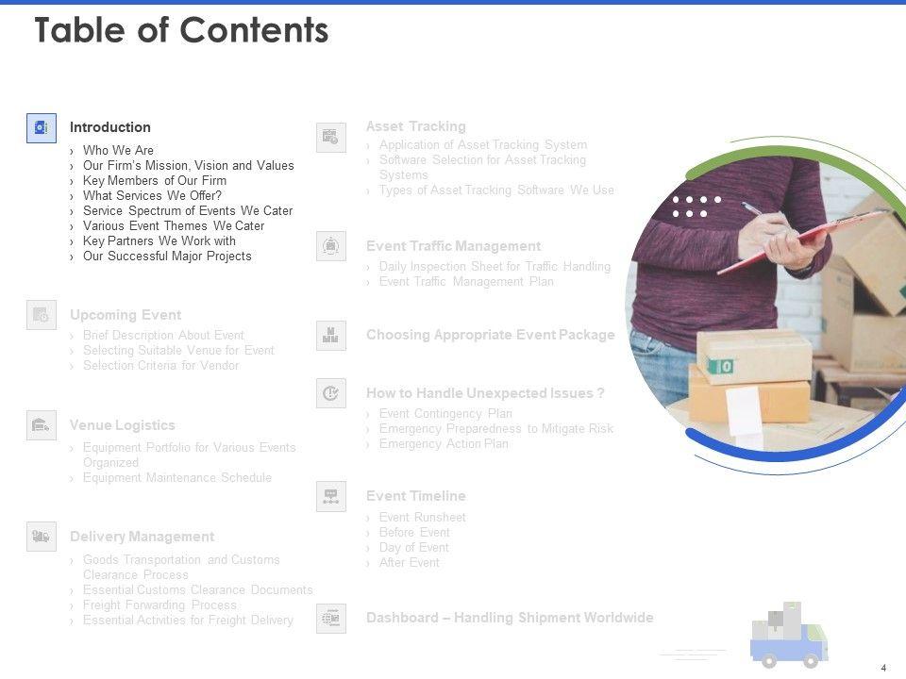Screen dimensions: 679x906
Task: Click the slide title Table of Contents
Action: pyautogui.click(x=181, y=31)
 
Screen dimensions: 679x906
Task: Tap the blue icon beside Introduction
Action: pyautogui.click(x=42, y=128)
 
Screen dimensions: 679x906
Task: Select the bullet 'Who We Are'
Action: pyautogui.click(x=118, y=151)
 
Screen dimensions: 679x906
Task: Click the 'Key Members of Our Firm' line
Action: pyautogui.click(x=155, y=181)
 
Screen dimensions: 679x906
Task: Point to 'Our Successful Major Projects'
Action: pyautogui.click(x=167, y=257)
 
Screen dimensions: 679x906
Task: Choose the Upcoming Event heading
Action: pyautogui.click(x=126, y=315)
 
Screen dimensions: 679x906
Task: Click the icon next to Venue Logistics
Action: pyautogui.click(x=42, y=426)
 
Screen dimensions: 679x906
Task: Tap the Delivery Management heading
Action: pyautogui.click(x=142, y=537)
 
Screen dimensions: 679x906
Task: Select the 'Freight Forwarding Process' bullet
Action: pyautogui.click(x=159, y=605)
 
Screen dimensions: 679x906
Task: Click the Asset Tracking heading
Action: pyautogui.click(x=415, y=126)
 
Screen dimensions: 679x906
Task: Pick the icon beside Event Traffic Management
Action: pyautogui.click(x=331, y=246)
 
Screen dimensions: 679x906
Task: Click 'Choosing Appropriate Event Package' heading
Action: pyautogui.click(x=490, y=335)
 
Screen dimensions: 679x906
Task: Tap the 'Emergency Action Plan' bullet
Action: pyautogui.click(x=444, y=444)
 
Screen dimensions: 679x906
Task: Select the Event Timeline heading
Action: pyautogui.click(x=415, y=496)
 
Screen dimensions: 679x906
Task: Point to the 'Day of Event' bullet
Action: pyautogui.click(x=413, y=548)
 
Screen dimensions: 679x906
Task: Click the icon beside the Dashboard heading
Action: pyautogui.click(x=331, y=619)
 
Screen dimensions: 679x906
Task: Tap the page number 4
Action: pyautogui.click(x=883, y=668)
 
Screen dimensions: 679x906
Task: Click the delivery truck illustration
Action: pyautogui.click(x=789, y=636)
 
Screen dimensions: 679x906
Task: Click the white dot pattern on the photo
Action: pyautogui.click(x=696, y=207)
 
